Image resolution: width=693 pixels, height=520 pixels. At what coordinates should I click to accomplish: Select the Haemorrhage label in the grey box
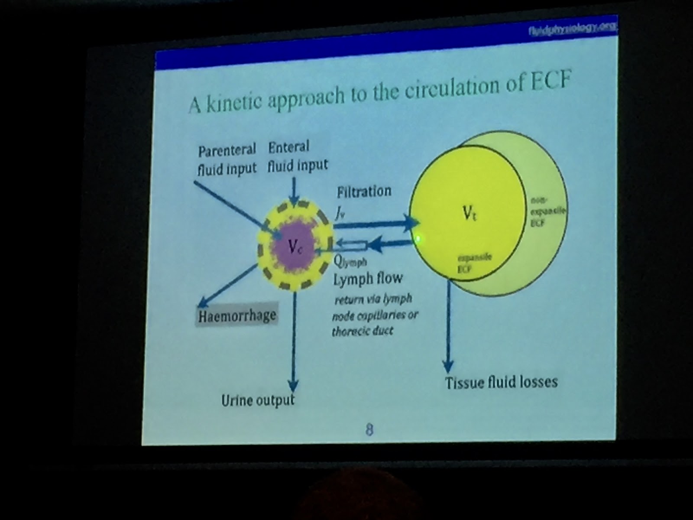[237, 315]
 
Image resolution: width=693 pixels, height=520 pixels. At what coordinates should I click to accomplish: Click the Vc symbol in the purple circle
[294, 247]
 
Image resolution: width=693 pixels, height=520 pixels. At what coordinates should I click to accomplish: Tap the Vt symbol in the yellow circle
[469, 213]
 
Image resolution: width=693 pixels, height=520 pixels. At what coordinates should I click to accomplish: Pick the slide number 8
[369, 430]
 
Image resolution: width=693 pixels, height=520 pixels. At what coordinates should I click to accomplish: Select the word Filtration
[364, 191]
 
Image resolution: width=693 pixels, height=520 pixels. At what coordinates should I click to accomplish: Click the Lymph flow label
[368, 278]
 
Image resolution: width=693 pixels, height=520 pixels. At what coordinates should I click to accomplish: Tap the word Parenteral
[227, 150]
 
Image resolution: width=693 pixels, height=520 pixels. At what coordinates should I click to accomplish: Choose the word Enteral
[288, 148]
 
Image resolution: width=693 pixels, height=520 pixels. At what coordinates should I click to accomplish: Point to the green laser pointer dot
[419, 237]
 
